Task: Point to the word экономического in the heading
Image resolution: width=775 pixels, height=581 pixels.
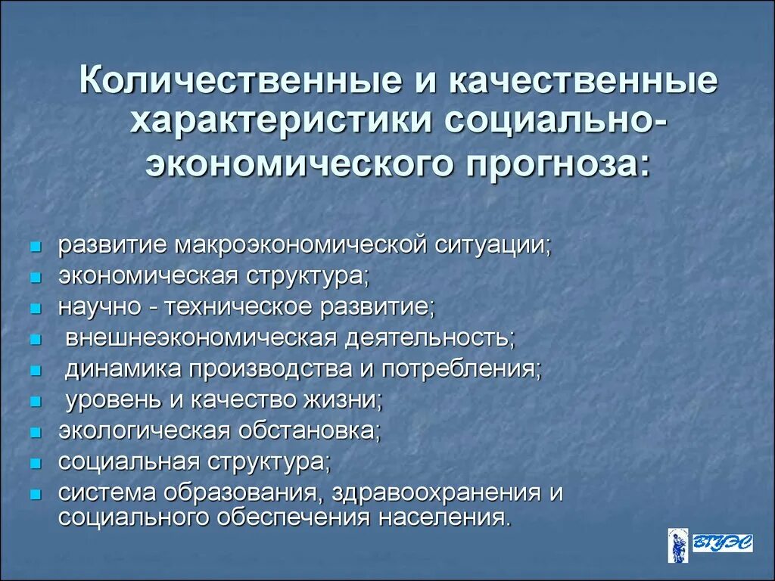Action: pyautogui.click(x=287, y=160)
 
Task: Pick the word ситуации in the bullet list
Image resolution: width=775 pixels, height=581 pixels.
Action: pyautogui.click(x=496, y=246)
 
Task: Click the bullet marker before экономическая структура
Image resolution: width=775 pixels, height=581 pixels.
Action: pyautogui.click(x=35, y=278)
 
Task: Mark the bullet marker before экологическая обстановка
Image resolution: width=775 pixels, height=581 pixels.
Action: pyautogui.click(x=35, y=433)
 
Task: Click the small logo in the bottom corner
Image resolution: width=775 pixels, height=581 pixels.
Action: pyautogui.click(x=699, y=545)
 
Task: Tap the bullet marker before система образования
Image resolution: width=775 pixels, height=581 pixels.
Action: pyautogui.click(x=35, y=494)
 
